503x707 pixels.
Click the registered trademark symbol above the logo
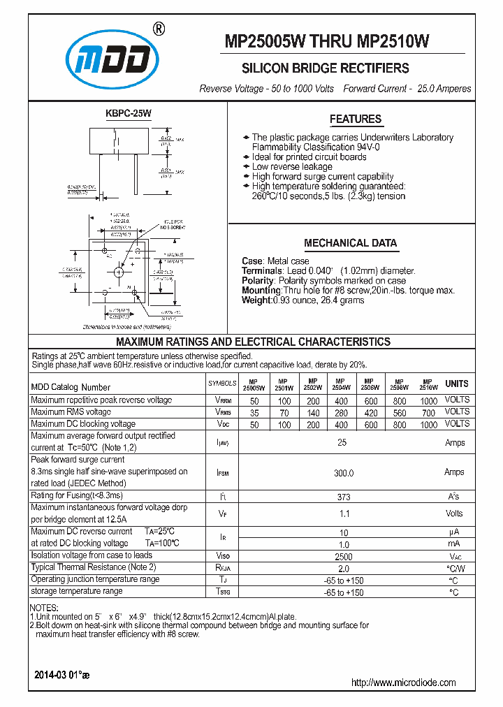coord(159,29)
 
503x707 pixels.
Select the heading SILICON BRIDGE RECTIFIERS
coord(325,68)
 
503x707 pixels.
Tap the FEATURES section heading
coord(356,119)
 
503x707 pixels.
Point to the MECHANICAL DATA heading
coord(351,244)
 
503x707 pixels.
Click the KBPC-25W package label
coord(128,112)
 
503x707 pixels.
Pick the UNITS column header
coord(457,384)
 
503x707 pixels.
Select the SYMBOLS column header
coord(222,384)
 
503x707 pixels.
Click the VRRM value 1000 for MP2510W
coord(429,401)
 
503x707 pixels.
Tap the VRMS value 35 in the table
coord(254,413)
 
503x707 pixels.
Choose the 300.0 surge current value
coord(343,473)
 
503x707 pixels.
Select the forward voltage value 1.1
coord(343,513)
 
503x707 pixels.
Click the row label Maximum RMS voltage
coord(71,412)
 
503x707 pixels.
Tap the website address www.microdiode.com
coord(403,683)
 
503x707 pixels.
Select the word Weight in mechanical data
coord(256,300)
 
